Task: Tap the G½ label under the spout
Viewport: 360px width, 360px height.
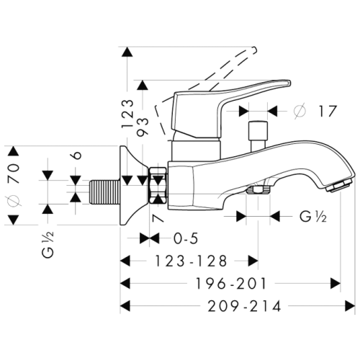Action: [x=312, y=216]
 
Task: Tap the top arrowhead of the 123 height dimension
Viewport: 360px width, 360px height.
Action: [x=127, y=51]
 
